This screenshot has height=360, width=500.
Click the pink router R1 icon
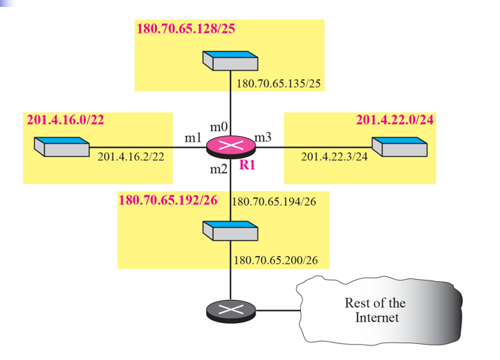coord(230,147)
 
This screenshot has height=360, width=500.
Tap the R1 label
coord(249,165)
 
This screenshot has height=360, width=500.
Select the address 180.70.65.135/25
coord(279,84)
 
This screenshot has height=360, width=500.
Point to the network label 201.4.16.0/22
coord(65,119)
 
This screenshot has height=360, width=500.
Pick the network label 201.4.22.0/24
coord(395,119)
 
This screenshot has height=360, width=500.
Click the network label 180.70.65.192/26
coord(168,200)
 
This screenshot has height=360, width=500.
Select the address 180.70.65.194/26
coord(274,202)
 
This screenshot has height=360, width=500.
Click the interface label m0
coord(219,126)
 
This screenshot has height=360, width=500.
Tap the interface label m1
coord(193,138)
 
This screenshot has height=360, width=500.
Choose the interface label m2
coord(219,169)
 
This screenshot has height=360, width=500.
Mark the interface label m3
coord(263,137)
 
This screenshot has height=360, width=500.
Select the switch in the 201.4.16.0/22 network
coord(61,147)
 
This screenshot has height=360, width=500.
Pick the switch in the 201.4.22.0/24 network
coord(399,146)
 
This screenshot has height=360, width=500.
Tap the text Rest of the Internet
coord(376,310)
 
